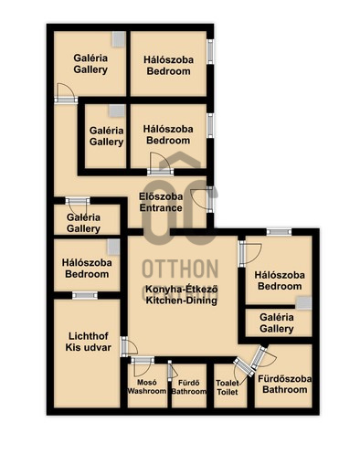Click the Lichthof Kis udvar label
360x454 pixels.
[88, 342]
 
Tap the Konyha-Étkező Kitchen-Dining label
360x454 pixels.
[182, 294]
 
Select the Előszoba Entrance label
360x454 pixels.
[161, 202]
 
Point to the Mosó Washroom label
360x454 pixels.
[147, 386]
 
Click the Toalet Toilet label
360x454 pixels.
[228, 387]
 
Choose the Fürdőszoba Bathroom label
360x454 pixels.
[285, 385]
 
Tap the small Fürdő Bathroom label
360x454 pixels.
[189, 387]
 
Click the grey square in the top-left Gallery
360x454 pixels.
[119, 39]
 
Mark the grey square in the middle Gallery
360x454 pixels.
[117, 111]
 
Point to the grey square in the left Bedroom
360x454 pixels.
[113, 247]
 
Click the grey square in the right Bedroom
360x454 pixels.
[304, 303]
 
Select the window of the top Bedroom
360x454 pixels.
[210, 51]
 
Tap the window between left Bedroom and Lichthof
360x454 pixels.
[85, 295]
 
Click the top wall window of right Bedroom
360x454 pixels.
[279, 232]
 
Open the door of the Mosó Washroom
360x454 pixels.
[143, 366]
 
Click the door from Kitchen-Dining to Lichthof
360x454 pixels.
[129, 346]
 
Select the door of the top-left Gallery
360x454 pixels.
[66, 93]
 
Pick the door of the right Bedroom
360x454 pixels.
[249, 253]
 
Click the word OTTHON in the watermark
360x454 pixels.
[180, 269]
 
